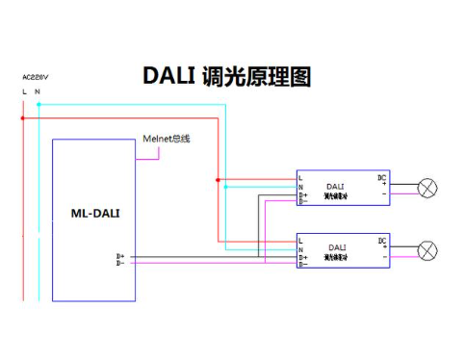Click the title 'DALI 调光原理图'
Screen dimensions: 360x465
[227, 77]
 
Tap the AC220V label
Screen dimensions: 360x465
[35, 75]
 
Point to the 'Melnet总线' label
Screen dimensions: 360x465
[166, 139]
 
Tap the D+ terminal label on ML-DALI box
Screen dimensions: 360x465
[120, 257]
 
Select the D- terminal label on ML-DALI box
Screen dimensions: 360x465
[120, 264]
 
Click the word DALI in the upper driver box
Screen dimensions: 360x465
[335, 186]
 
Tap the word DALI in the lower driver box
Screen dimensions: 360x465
[336, 248]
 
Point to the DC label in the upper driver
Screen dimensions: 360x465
[382, 177]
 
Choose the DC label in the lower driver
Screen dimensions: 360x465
[382, 240]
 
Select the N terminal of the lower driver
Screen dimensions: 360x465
[301, 249]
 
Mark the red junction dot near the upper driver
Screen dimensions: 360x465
[219, 179]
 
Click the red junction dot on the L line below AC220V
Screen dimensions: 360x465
[23, 117]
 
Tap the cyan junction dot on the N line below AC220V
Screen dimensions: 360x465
[38, 103]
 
